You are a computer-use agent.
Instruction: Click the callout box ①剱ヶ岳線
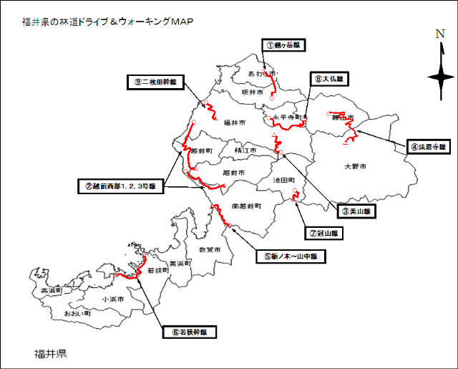282,44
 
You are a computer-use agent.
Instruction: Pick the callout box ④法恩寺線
427,147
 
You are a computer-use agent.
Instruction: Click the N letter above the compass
440,34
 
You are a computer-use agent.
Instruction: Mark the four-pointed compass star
440,76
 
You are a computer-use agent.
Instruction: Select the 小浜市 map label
112,299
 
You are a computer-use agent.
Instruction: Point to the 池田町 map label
285,181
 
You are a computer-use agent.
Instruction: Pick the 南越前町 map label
246,205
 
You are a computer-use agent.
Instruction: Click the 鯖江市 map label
246,150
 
